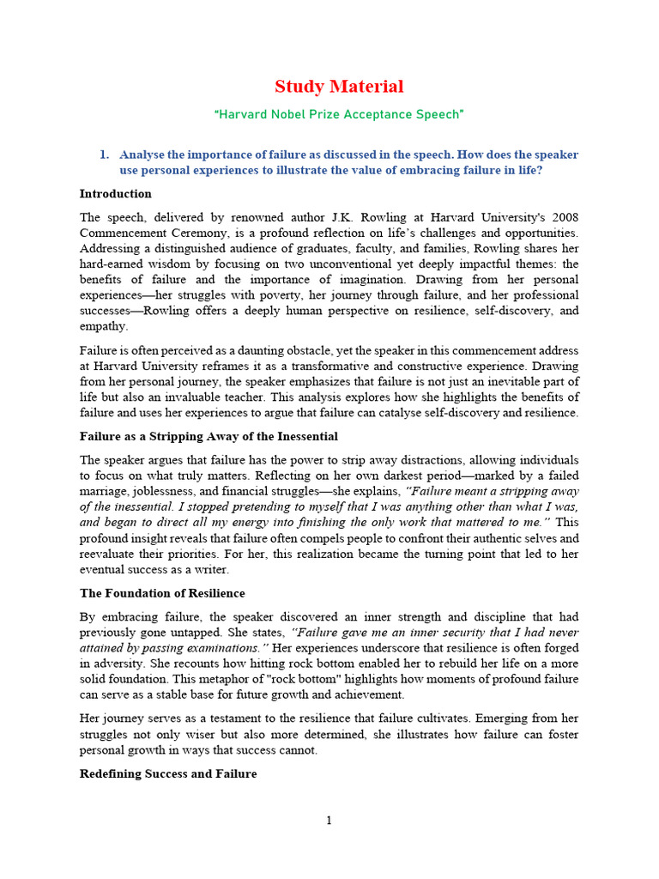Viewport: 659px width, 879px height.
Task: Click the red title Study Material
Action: pyautogui.click(x=338, y=87)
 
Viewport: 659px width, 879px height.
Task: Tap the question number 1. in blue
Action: pyautogui.click(x=104, y=155)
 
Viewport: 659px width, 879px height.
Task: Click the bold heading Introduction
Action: pyautogui.click(x=115, y=193)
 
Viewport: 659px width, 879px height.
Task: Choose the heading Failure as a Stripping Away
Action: pyautogui.click(x=209, y=437)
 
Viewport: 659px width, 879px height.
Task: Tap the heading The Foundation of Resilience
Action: pyautogui.click(x=162, y=593)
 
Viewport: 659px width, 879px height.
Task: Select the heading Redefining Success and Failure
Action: pyautogui.click(x=168, y=773)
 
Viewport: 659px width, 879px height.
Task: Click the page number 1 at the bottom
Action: pyautogui.click(x=329, y=821)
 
